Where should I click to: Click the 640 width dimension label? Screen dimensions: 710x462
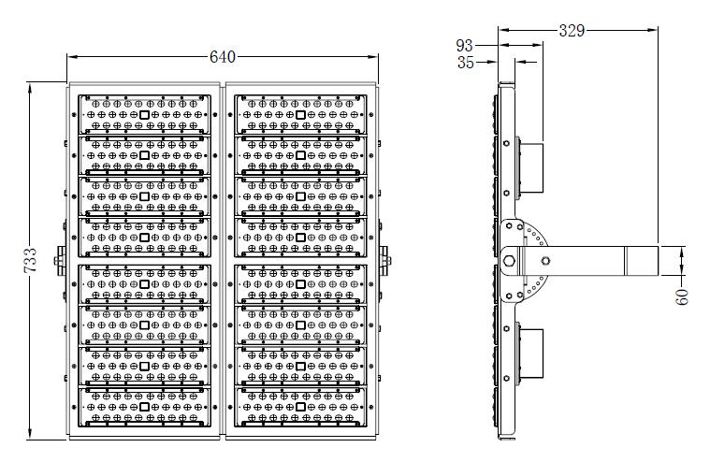(x=223, y=57)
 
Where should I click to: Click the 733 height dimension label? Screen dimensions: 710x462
(x=30, y=260)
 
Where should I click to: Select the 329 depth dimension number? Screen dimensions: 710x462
(x=572, y=31)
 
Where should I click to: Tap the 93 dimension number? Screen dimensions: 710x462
(x=465, y=45)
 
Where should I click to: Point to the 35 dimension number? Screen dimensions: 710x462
(x=466, y=63)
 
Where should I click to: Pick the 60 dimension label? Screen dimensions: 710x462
(x=682, y=296)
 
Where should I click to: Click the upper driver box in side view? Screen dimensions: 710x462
(x=530, y=167)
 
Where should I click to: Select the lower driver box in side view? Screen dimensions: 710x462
(x=530, y=354)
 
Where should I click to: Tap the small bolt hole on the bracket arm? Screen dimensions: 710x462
(x=545, y=261)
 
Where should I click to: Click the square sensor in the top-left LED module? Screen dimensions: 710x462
(x=144, y=115)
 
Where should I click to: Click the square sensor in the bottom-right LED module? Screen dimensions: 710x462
(x=300, y=407)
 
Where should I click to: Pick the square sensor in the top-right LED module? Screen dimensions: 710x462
(x=300, y=115)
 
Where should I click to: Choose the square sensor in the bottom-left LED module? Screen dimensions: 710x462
(x=144, y=407)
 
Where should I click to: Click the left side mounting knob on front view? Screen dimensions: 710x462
(x=60, y=261)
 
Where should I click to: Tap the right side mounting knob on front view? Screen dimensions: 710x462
(x=385, y=261)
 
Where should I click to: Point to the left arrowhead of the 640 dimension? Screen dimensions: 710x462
(x=72, y=57)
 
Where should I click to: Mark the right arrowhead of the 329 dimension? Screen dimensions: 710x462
(x=653, y=30)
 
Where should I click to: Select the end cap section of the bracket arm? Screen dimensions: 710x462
(x=641, y=261)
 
